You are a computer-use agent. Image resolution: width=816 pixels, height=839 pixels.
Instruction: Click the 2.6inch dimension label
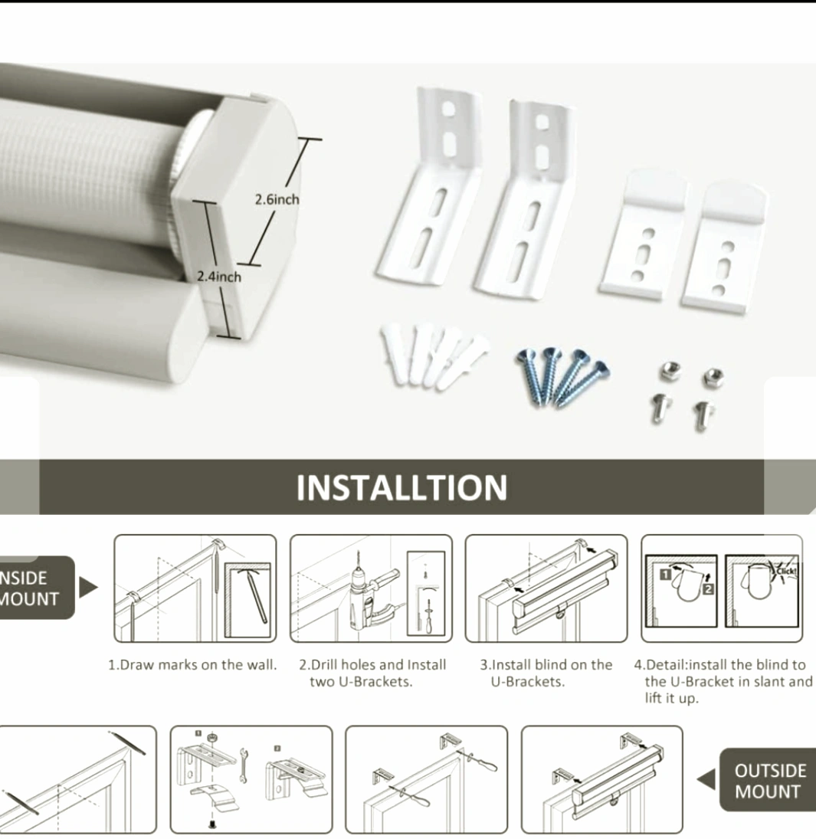(277, 199)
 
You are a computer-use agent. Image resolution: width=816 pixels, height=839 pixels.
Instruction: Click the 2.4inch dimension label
(219, 277)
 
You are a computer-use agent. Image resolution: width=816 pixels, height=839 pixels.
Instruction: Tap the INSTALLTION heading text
(401, 487)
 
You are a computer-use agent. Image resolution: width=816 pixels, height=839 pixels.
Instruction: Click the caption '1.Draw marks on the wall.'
(192, 665)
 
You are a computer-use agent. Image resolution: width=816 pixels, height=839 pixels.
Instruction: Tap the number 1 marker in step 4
(666, 575)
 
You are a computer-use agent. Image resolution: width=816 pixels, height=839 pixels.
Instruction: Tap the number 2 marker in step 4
(708, 588)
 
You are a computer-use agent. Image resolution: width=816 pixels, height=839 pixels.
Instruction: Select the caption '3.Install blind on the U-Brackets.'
(546, 673)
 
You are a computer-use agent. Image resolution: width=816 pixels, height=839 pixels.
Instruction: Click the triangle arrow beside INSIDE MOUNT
(88, 588)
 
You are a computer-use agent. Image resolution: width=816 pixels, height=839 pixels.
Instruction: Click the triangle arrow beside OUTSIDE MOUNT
(706, 779)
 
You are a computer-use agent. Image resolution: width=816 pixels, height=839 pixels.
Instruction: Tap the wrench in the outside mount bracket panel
(244, 765)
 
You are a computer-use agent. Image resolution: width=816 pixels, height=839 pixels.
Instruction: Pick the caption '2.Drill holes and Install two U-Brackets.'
(372, 673)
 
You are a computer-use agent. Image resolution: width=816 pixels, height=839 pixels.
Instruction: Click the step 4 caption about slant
(723, 681)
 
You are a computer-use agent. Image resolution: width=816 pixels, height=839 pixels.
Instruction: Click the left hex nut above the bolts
(670, 370)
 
